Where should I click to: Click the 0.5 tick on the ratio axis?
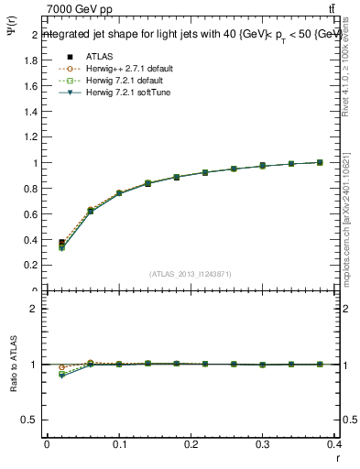tap(28, 420)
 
